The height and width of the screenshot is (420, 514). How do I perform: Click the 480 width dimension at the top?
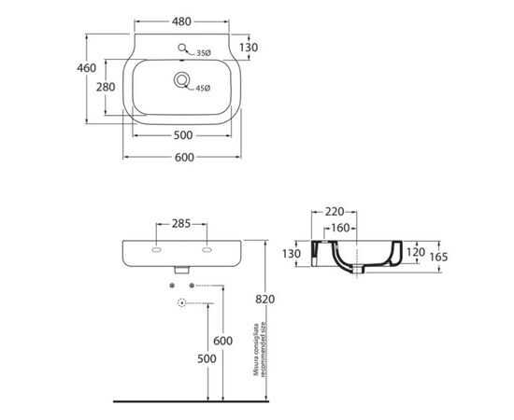tap(181, 21)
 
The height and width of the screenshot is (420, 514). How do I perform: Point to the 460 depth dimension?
tap(87, 68)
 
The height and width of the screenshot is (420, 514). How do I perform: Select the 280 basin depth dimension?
tap(106, 87)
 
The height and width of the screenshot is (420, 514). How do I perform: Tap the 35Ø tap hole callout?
tap(204, 53)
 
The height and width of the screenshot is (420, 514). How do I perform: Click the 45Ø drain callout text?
tap(203, 88)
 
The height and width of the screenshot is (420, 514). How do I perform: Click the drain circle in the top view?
tap(181, 79)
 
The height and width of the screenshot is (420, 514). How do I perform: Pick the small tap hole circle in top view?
tap(182, 48)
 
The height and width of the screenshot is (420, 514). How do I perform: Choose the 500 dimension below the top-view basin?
tap(183, 135)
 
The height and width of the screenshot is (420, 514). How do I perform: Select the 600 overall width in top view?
tap(184, 158)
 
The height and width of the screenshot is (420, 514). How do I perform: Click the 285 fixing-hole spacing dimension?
tap(181, 224)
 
